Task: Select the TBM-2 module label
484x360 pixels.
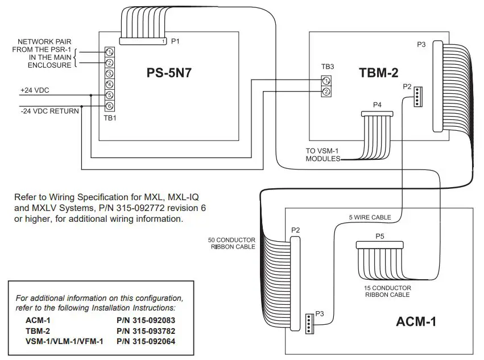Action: coord(378,72)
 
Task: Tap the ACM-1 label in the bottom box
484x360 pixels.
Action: coord(415,322)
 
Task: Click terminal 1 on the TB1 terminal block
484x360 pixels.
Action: coord(109,52)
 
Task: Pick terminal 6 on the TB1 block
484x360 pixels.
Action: coord(109,106)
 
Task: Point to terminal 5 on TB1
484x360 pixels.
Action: coord(109,95)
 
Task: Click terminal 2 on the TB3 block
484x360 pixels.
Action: coord(326,92)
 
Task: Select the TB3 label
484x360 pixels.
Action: coord(327,67)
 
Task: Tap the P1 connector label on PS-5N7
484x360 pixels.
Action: coord(175,41)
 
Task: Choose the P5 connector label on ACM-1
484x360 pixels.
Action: coord(379,235)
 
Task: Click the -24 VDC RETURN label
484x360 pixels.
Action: coord(49,111)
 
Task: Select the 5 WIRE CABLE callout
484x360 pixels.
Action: coord(369,217)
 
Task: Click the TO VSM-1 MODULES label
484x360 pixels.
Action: coord(323,155)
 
